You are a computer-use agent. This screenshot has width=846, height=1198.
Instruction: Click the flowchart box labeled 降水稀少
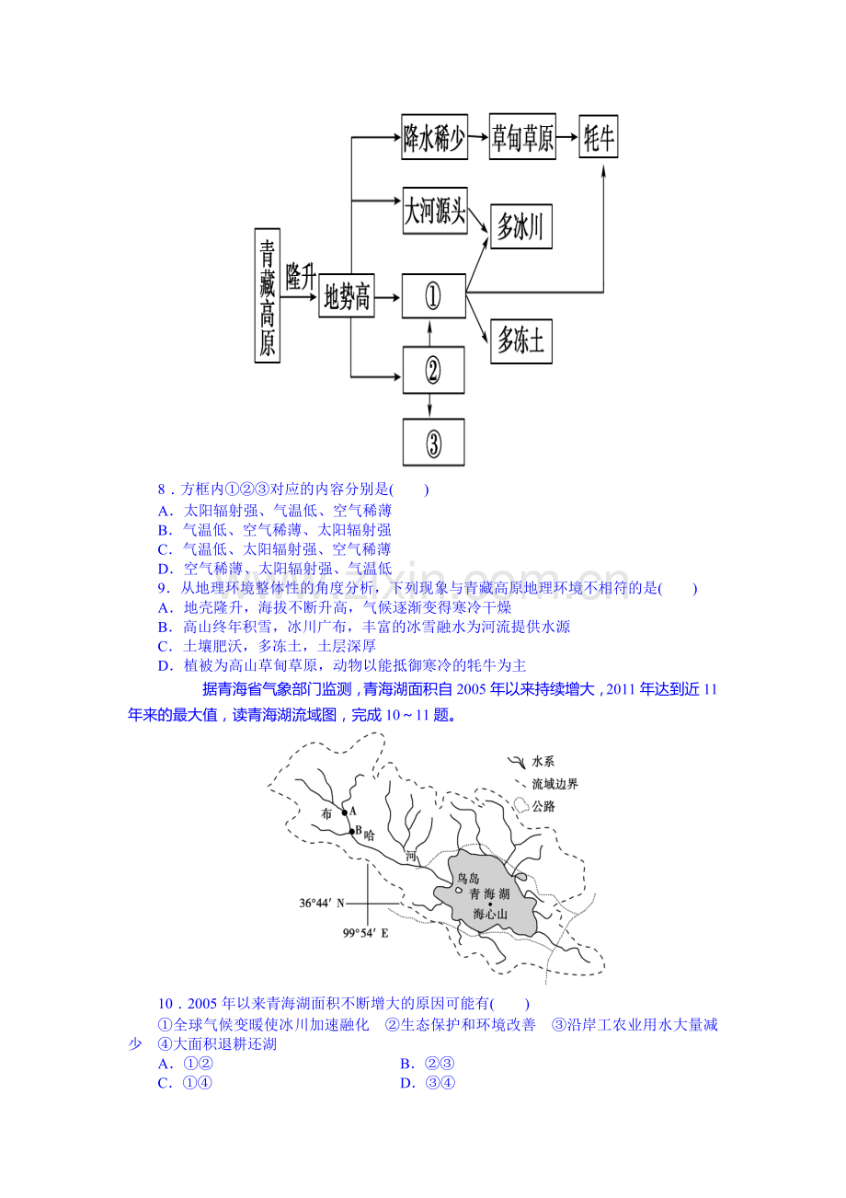pos(434,137)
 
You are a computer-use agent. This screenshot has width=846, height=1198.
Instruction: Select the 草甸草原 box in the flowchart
pos(522,136)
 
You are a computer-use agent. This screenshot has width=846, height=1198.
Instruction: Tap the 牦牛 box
pos(598,136)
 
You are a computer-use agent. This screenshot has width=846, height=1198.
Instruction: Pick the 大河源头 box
pos(434,210)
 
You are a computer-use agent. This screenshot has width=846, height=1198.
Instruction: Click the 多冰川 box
pos(521,226)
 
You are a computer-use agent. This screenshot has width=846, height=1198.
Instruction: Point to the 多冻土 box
pos(521,341)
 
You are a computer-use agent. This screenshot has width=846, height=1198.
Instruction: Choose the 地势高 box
pos(347,295)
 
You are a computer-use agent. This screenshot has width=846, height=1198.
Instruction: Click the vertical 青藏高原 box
pos(268,295)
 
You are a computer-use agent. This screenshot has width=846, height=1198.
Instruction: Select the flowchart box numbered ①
pos(433,295)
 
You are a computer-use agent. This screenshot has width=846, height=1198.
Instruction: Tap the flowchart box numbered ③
pos(433,443)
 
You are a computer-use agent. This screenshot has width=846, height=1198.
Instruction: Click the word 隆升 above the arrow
pos(301,277)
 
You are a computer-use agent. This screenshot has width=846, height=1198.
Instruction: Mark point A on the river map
pos(345,812)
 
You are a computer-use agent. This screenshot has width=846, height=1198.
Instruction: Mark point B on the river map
pos(351,831)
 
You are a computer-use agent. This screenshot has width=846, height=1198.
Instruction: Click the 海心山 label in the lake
pos(489,914)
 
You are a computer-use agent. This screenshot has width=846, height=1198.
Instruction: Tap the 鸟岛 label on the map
pos(468,878)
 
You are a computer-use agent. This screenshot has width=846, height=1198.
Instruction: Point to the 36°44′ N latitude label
pos(322,904)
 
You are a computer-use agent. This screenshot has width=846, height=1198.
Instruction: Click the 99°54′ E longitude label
pos(366,933)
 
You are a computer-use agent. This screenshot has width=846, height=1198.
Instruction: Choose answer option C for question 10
pos(185,1083)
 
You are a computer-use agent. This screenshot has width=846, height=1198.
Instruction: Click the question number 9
pos(164,588)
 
